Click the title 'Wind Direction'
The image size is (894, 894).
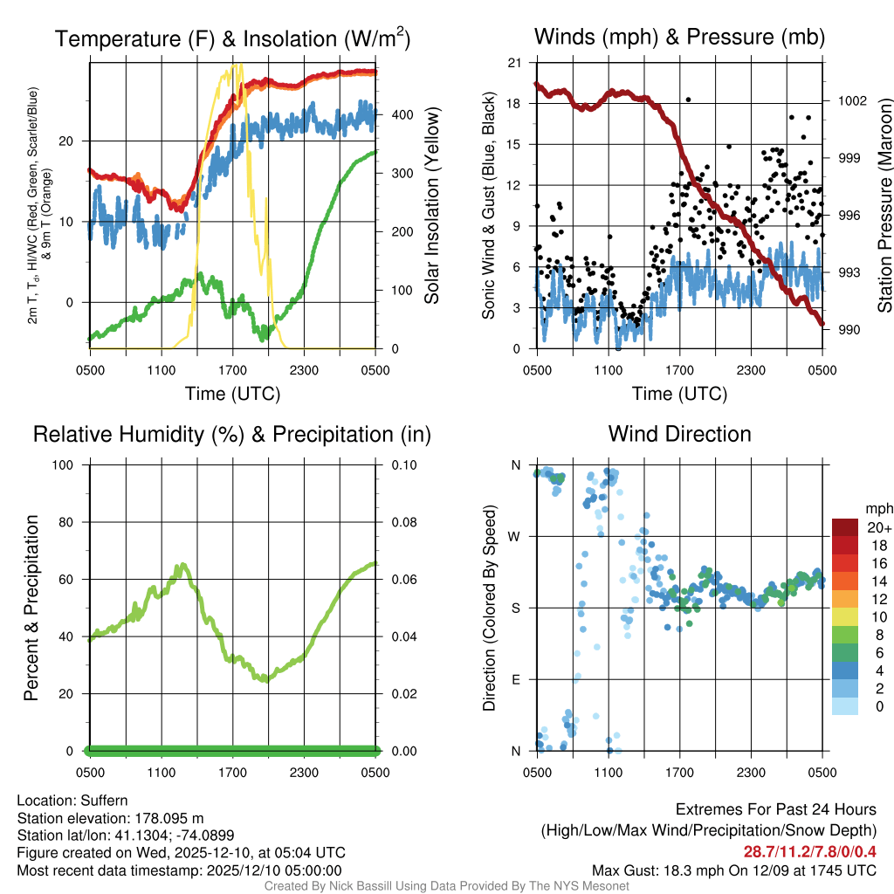pos(679,434)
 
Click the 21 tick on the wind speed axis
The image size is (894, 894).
pos(515,62)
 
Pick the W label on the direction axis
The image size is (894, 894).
pos(516,536)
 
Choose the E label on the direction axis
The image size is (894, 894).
pos(516,679)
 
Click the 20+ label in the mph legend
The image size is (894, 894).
pos(878,528)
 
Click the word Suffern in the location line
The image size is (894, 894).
pos(104,801)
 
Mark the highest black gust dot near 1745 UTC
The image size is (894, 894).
pos(688,100)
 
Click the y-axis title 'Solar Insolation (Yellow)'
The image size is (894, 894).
pos(432,205)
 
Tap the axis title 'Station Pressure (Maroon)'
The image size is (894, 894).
pos(884,205)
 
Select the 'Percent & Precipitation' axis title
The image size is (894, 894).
pos(31,608)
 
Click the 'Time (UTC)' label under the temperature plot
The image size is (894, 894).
pos(233,394)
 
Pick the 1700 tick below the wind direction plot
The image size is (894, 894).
pos(679,773)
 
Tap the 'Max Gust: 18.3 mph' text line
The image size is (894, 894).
pos(733,870)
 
